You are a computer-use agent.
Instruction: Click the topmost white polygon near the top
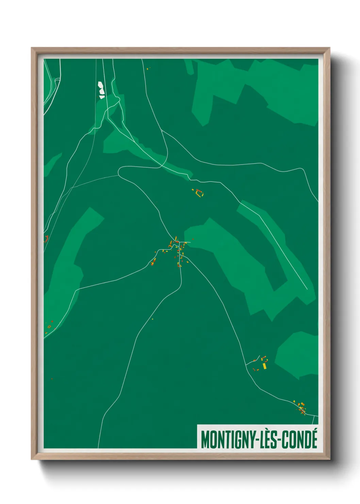[x=100, y=84]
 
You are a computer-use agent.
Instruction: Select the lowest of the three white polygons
[x=102, y=97]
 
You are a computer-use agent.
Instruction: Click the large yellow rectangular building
[x=264, y=366]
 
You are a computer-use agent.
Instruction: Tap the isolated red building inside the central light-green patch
[x=193, y=239]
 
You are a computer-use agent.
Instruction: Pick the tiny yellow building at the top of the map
[x=148, y=69]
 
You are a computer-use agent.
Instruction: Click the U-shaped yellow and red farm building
[x=199, y=193]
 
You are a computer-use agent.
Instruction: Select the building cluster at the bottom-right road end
[x=301, y=408]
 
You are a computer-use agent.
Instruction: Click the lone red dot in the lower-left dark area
[x=52, y=379]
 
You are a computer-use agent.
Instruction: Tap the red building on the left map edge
[x=46, y=238]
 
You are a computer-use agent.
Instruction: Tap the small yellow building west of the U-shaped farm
[x=193, y=190]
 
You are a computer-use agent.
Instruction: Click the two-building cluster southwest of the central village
[x=153, y=262]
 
